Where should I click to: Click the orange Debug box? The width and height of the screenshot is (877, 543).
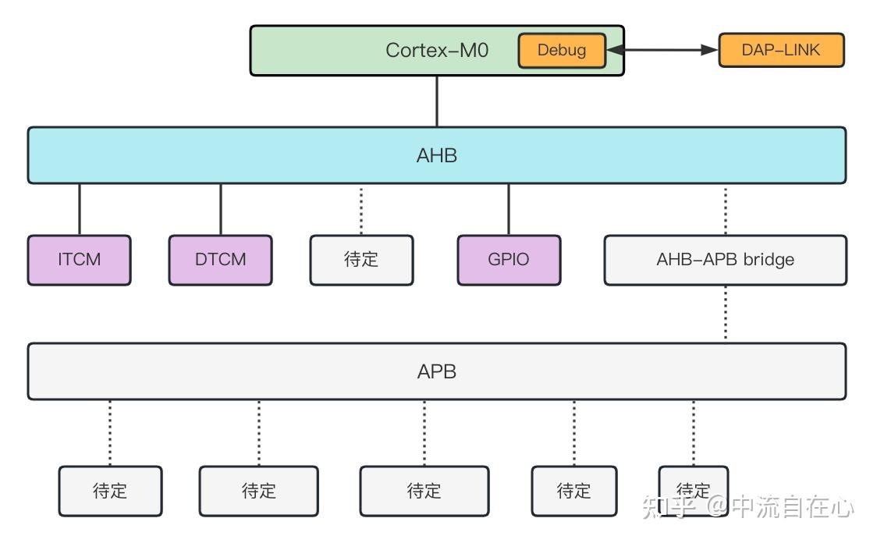click(562, 51)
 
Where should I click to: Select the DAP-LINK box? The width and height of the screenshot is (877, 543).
click(780, 51)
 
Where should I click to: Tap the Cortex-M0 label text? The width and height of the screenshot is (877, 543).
click(437, 51)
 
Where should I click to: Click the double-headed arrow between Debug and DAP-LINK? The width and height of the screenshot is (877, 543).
click(662, 51)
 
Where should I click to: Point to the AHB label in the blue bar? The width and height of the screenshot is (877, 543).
click(437, 155)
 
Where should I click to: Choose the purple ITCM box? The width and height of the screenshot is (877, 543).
click(80, 260)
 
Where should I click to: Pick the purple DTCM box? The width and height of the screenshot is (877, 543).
click(221, 260)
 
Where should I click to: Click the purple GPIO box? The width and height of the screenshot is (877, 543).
click(509, 260)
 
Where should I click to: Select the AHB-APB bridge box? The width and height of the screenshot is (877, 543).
click(725, 260)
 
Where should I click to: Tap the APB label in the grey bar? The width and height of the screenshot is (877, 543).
click(437, 371)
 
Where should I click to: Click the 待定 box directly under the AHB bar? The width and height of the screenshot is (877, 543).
click(361, 260)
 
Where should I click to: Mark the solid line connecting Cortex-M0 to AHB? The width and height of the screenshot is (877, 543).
click(437, 101)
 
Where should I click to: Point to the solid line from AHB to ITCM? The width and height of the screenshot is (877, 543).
click(80, 209)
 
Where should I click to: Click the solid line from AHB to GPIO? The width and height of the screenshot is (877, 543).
click(509, 209)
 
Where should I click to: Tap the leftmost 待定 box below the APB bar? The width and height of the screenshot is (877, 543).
click(110, 491)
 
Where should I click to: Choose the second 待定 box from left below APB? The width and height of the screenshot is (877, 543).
click(259, 491)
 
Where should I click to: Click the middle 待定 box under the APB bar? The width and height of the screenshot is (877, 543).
click(424, 491)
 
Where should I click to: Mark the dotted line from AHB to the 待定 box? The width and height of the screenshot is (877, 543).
click(361, 209)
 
